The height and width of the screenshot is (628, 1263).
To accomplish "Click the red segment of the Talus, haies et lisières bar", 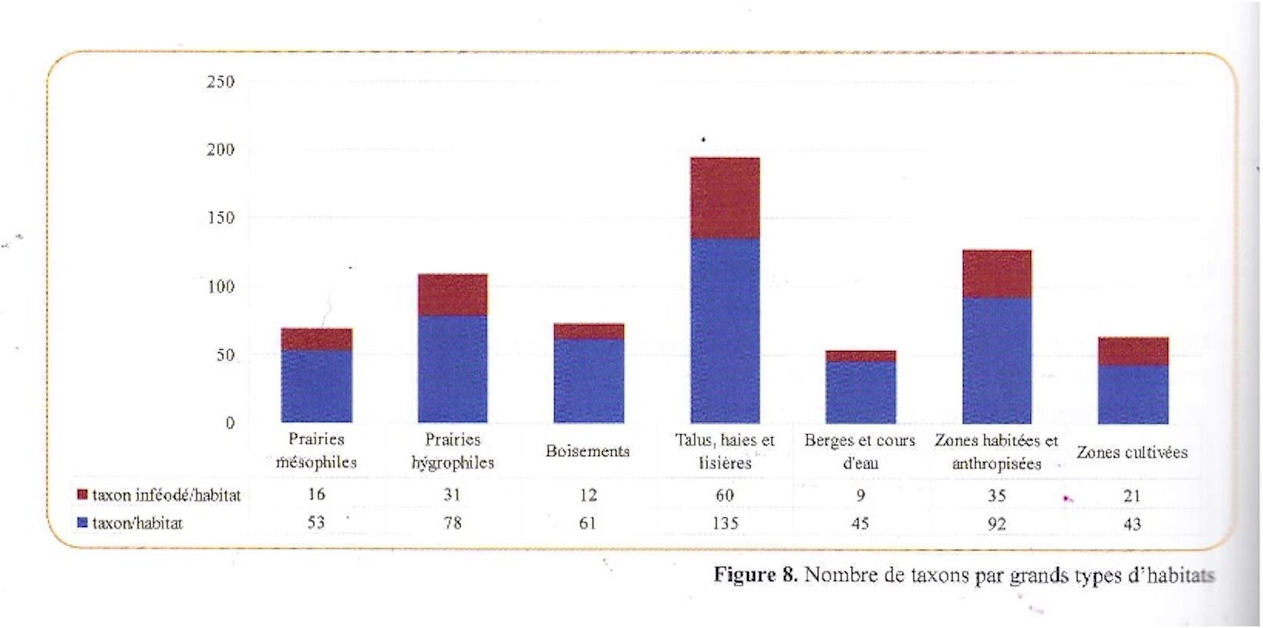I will [725, 198].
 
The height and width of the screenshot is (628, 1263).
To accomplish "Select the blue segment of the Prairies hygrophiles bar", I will [453, 368].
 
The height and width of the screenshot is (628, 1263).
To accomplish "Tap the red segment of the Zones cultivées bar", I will [1133, 351].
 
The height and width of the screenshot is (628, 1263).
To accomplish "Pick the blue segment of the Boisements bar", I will [589, 380].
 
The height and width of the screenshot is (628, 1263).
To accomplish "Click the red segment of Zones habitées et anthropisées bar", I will [997, 274].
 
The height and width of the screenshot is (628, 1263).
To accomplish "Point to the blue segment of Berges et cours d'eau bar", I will [861, 392].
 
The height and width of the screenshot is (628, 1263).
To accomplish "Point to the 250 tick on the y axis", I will [221, 82].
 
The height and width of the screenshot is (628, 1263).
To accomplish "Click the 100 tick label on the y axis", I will [221, 287].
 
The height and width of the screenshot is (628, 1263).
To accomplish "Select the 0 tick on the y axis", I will [230, 423].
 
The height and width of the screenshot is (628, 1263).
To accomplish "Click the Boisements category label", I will [588, 451].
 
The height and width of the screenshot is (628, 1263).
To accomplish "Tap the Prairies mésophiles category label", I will [316, 451].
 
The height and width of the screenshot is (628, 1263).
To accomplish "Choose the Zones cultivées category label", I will [1132, 452].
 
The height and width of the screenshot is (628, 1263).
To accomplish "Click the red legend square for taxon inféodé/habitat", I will [83, 495].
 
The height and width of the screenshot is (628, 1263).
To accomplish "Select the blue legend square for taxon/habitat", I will [83, 523].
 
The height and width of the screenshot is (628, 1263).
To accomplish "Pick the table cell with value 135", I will [725, 523].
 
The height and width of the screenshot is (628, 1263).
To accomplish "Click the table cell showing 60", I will [725, 495].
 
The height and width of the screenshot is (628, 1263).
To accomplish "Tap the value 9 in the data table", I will [861, 495].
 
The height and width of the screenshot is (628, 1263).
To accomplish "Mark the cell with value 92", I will [997, 524].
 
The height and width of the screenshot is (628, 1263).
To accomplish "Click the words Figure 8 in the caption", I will [755, 575].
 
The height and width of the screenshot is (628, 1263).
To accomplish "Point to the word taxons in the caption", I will [935, 575].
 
